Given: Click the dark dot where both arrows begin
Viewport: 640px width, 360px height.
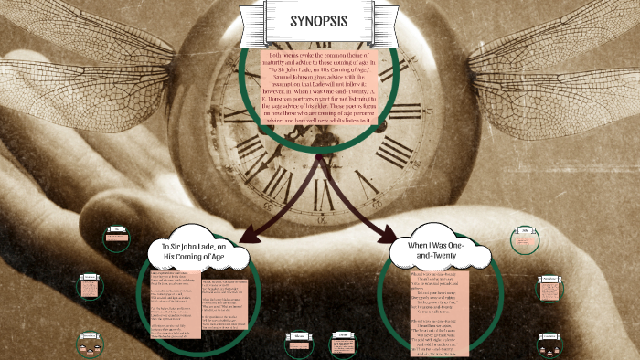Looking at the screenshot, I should point(319,156).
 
